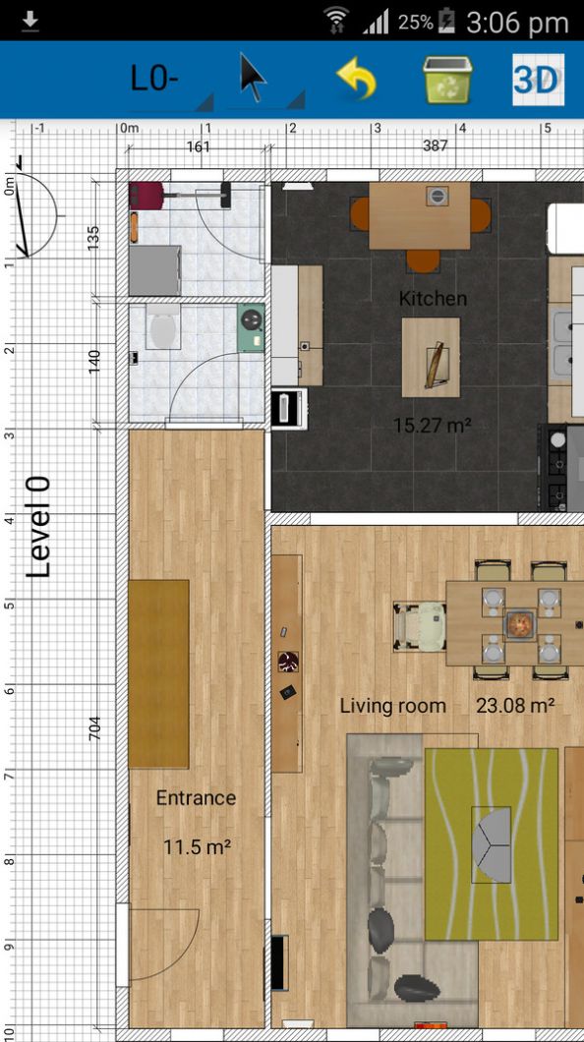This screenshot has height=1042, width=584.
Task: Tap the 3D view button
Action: point(538,80)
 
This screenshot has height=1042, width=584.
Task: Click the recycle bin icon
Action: point(448,80)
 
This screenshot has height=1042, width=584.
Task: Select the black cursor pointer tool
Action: point(253,79)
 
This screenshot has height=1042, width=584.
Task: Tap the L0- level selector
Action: point(154,80)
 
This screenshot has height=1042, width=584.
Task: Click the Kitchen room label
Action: point(433,298)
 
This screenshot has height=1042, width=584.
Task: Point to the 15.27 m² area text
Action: point(432,426)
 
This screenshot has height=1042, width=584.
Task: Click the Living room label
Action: point(392,706)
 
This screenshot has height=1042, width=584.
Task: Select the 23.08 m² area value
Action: point(515,706)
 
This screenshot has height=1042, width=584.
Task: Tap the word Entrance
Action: point(196,798)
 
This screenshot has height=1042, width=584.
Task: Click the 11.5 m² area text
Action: point(197,845)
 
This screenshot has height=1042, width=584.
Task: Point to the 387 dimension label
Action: point(435,145)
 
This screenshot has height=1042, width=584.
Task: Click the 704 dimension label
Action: point(95,727)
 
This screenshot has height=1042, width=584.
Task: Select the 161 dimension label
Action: point(199,146)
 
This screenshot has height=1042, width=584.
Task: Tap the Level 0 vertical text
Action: point(39,527)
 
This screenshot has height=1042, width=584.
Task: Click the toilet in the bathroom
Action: point(162,325)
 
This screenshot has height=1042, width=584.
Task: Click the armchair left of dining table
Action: point(420,625)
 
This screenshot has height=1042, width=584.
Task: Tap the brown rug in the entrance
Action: point(158,673)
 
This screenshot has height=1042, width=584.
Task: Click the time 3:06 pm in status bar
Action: point(517,22)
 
